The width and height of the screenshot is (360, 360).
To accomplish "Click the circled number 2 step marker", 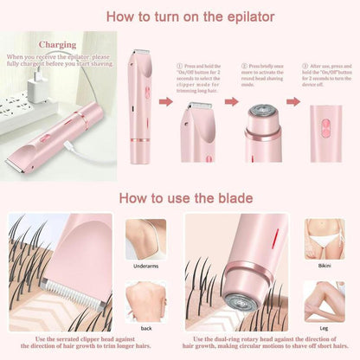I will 245,65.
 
